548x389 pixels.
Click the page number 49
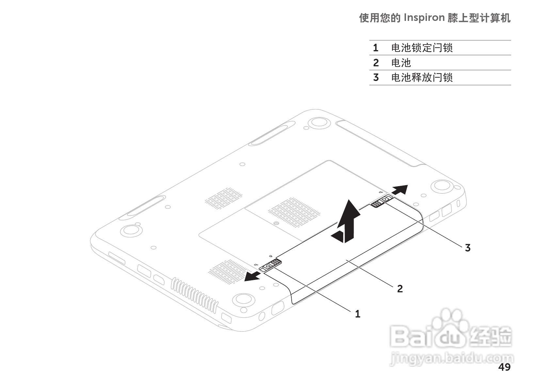coord(504,367)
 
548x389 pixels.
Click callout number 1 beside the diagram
coord(358,314)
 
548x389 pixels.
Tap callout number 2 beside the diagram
coord(400,289)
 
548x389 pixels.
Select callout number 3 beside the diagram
coord(468,248)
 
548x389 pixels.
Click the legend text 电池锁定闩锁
coord(422,48)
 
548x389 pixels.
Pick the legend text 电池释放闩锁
coord(422,78)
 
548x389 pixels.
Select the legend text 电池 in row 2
coord(401,63)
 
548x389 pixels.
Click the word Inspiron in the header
coord(424,18)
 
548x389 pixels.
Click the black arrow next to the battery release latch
coord(400,189)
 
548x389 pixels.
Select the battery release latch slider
coord(382,201)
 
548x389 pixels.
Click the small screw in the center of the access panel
coord(276,224)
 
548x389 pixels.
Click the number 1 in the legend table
coord(376,48)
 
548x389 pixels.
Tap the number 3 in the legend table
coord(376,78)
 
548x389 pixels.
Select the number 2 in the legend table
coord(376,63)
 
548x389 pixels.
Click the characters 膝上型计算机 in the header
coord(479,18)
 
